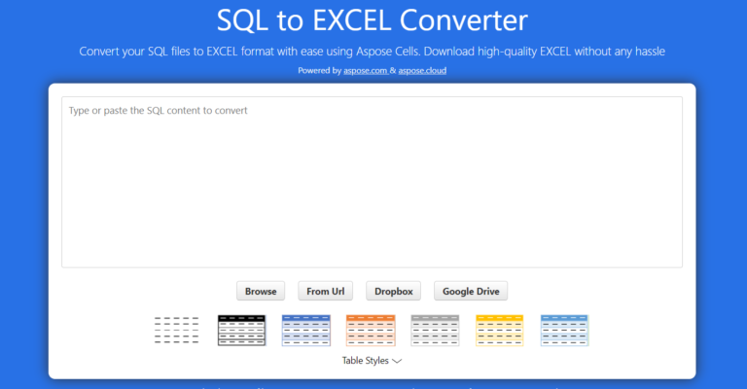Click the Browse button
pyautogui.click(x=261, y=291)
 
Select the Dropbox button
pyautogui.click(x=394, y=291)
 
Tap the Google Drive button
pyautogui.click(x=471, y=291)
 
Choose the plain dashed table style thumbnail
pyautogui.click(x=177, y=331)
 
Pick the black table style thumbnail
pyautogui.click(x=241, y=331)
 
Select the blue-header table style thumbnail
pyautogui.click(x=305, y=331)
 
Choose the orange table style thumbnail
pyautogui.click(x=371, y=331)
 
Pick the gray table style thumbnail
pyautogui.click(x=435, y=331)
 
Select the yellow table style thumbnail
pyautogui.click(x=500, y=331)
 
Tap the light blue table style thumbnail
pyautogui.click(x=564, y=331)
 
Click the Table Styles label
pyautogui.click(x=365, y=361)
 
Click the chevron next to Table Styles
pyautogui.click(x=397, y=361)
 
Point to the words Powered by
pyautogui.click(x=320, y=71)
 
